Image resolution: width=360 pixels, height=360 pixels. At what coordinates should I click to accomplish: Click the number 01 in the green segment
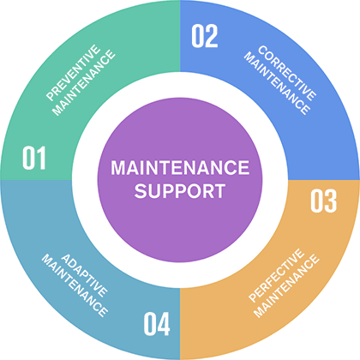click(34, 158)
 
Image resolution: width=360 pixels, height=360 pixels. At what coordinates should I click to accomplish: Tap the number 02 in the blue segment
click(205, 36)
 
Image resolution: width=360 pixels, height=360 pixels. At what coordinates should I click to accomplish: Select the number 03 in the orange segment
click(324, 201)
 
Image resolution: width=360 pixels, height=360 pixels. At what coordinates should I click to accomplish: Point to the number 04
click(157, 324)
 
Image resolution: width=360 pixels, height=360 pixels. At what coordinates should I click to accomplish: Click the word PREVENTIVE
click(73, 73)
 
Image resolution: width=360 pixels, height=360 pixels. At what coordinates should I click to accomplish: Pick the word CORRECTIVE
click(287, 73)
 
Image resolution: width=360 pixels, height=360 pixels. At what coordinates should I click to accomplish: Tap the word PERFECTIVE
click(276, 275)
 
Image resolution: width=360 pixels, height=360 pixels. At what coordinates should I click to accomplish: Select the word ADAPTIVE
click(85, 275)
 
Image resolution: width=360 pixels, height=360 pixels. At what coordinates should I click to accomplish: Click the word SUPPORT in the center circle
click(180, 191)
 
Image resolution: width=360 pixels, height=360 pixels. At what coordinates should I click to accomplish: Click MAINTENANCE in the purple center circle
click(180, 167)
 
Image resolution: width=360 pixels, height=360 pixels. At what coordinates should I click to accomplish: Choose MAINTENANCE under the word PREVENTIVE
click(84, 83)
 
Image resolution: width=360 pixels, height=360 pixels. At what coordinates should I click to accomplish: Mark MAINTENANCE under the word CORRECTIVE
click(277, 83)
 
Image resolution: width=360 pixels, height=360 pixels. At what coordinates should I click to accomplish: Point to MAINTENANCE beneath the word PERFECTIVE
click(286, 285)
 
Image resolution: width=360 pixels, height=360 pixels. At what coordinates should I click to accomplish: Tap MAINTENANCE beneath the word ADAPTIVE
click(75, 285)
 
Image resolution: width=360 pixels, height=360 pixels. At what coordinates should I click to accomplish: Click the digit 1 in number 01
click(40, 158)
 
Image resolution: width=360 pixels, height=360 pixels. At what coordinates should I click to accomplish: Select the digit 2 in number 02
click(212, 36)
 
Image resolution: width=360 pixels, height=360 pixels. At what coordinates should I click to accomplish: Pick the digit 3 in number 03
click(331, 201)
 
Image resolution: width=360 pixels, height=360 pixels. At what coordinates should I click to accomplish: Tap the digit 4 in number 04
click(164, 324)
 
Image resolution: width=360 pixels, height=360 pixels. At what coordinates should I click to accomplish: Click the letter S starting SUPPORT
click(141, 191)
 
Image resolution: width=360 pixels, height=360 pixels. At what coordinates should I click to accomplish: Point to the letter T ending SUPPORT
click(219, 191)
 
